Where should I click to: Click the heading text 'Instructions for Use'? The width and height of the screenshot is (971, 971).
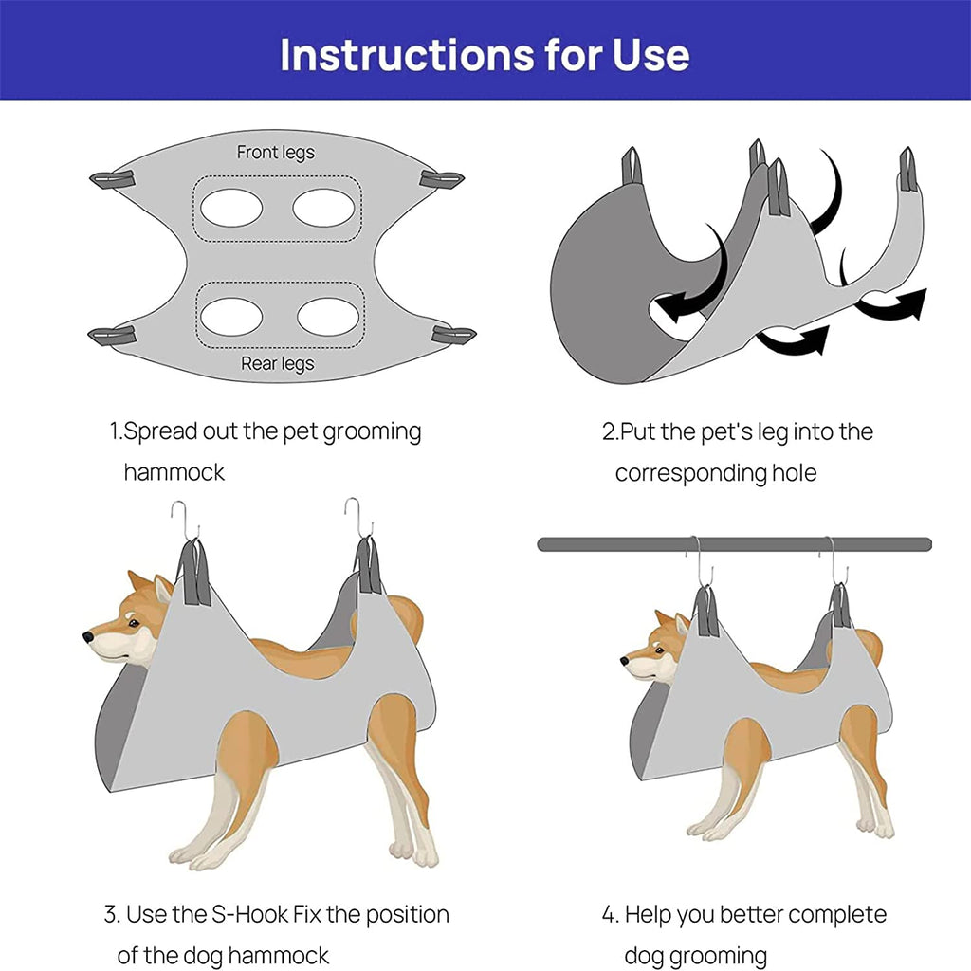click(485, 54)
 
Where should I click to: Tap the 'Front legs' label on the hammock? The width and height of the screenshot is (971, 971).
click(276, 153)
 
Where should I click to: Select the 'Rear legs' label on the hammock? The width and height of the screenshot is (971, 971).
click(278, 363)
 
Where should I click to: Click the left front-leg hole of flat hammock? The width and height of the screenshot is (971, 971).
click(231, 208)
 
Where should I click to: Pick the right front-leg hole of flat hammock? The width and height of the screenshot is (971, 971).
click(324, 208)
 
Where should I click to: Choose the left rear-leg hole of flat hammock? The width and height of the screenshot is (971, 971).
click(231, 317)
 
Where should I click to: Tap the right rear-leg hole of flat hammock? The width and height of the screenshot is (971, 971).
click(328, 317)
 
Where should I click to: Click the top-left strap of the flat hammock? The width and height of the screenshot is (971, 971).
click(112, 179)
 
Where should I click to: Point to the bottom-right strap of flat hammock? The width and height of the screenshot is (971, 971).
click(454, 335)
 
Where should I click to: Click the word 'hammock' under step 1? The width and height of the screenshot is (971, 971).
click(174, 472)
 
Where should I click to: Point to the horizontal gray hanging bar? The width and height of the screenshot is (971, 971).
click(735, 544)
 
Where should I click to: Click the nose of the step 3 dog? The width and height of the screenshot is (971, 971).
click(88, 636)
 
